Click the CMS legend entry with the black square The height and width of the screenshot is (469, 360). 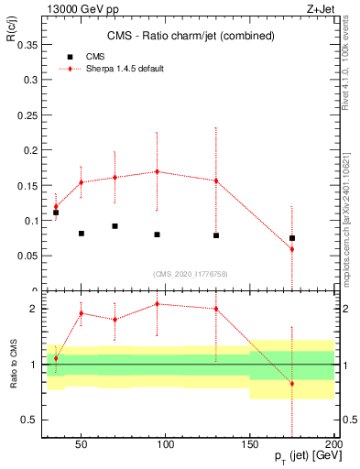point(82,56)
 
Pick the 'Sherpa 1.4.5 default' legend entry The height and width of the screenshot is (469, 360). point(116,69)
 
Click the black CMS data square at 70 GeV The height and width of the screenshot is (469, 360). point(115,226)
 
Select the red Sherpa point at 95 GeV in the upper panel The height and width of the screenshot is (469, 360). point(157,171)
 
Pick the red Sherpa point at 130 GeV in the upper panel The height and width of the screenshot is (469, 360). point(216,180)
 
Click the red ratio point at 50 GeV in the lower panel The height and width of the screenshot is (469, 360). point(81,313)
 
